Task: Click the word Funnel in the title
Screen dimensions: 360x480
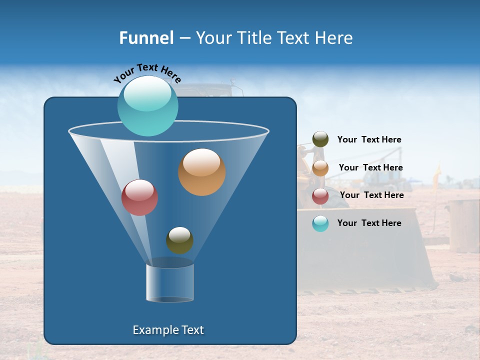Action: [x=146, y=38]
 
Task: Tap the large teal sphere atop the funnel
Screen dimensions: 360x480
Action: [x=147, y=105]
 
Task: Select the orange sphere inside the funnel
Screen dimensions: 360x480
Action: [x=202, y=172]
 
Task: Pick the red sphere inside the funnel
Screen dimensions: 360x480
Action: [x=139, y=197]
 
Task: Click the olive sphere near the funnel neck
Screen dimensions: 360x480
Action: [x=179, y=240]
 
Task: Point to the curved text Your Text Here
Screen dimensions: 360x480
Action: [x=147, y=72]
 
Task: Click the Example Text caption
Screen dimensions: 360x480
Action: [x=168, y=330]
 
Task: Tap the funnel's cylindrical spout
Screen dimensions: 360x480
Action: [x=170, y=283]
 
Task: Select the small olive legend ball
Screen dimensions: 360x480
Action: [x=320, y=139]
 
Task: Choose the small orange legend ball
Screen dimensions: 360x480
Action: [x=320, y=168]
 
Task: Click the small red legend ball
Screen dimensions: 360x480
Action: [x=320, y=196]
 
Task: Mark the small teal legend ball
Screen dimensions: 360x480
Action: [x=320, y=223]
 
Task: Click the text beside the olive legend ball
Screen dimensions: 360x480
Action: [x=369, y=140]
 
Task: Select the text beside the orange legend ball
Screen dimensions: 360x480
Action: [x=370, y=167]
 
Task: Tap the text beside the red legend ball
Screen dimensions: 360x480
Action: [x=371, y=195]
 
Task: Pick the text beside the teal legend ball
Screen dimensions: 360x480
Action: [x=369, y=223]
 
